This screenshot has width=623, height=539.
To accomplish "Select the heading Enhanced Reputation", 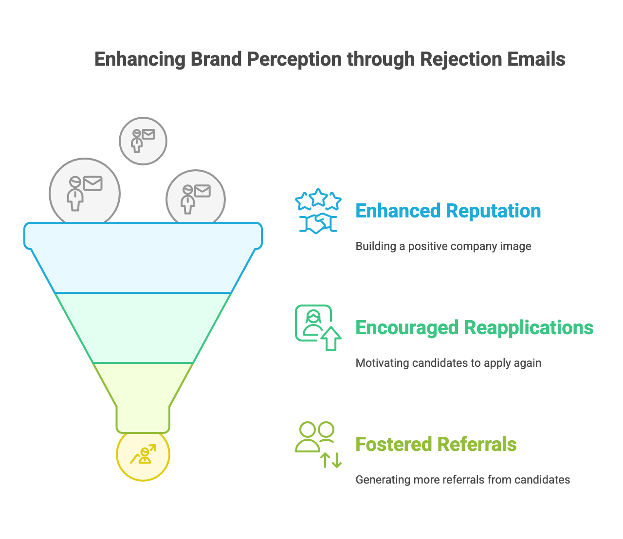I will pyautogui.click(x=448, y=211).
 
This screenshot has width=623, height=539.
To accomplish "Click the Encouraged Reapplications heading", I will pyautogui.click(x=474, y=328).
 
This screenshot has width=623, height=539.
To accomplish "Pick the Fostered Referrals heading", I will pyautogui.click(x=436, y=445).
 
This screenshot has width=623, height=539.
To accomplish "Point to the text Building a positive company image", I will pyautogui.click(x=443, y=246).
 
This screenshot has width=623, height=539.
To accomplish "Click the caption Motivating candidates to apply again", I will pyautogui.click(x=448, y=363).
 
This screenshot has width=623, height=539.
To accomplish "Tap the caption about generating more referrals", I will pyautogui.click(x=462, y=480).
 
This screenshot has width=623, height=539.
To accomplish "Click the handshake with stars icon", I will pyautogui.click(x=318, y=211).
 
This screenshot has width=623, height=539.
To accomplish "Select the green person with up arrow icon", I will pyautogui.click(x=317, y=327).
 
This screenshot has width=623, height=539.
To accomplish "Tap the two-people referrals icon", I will pyautogui.click(x=317, y=444).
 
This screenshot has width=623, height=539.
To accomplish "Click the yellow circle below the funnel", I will pyautogui.click(x=143, y=455).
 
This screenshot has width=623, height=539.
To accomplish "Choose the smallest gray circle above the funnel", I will pyautogui.click(x=143, y=141).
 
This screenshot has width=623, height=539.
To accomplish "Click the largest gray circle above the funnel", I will pyautogui.click(x=85, y=194).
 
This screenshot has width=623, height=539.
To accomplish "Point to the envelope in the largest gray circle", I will pyautogui.click(x=92, y=183).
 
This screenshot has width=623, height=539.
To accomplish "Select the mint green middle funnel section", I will pyautogui.click(x=143, y=328).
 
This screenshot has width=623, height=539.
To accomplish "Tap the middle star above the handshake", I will pyautogui.click(x=318, y=197).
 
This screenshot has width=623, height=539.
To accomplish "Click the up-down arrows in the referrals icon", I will pyautogui.click(x=331, y=460).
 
